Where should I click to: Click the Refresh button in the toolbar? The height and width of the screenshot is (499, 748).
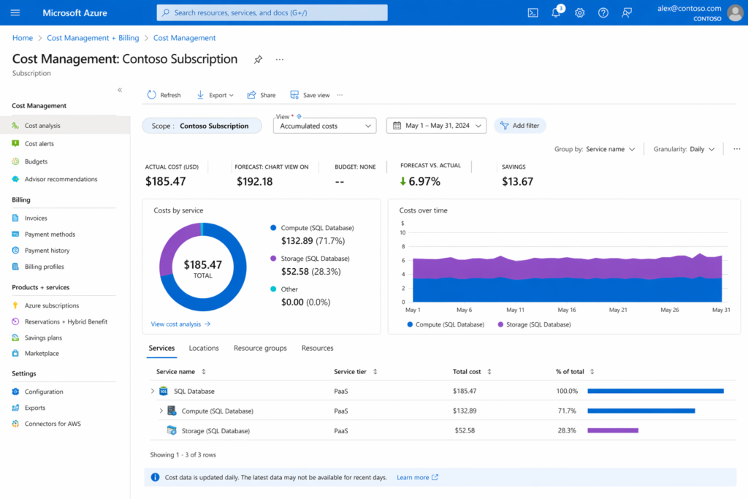tap(164, 95)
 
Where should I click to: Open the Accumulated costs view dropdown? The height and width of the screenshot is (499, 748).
tap(324, 126)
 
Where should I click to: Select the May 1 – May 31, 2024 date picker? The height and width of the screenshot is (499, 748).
tap(436, 126)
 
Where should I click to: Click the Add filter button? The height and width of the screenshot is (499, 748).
tap(519, 126)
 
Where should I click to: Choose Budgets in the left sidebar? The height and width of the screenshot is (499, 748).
tap(36, 161)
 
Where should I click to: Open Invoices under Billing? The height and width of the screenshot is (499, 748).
tap(36, 218)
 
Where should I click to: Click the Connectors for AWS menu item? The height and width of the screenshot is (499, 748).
tap(52, 424)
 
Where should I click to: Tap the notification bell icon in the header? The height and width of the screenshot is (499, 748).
tap(556, 12)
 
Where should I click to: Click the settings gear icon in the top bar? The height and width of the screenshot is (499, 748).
tap(580, 12)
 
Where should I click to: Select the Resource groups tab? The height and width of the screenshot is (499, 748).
tap(260, 348)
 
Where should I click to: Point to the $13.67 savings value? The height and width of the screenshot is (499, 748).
tap(517, 181)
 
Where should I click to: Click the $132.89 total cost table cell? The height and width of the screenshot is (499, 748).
tap(465, 411)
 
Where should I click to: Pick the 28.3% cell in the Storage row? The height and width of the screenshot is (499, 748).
tap(566, 430)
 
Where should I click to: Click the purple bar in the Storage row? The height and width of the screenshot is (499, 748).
tap(613, 430)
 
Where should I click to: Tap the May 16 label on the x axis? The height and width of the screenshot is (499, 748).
tap(567, 310)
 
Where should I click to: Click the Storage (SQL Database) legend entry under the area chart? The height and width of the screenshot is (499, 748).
tap(534, 324)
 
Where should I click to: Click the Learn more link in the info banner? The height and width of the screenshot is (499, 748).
tap(413, 477)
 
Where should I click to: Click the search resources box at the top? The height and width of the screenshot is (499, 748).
tap(272, 12)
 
